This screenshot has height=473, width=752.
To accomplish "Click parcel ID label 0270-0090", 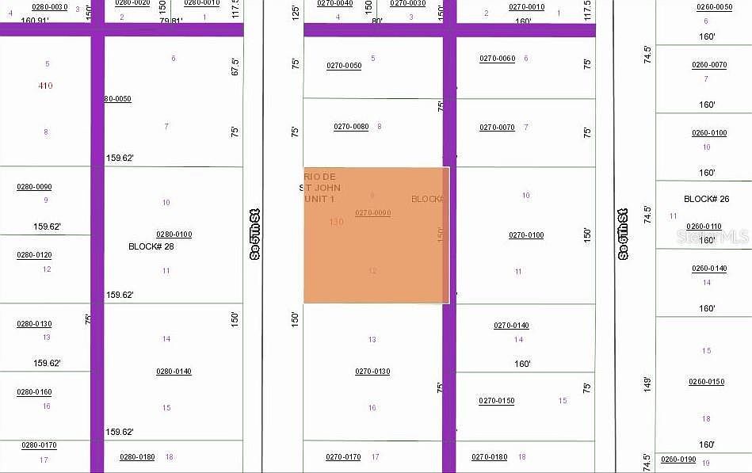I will click(x=372, y=213).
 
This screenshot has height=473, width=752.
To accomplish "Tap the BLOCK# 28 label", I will click(x=151, y=246).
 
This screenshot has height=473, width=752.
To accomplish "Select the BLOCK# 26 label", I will click(x=706, y=199).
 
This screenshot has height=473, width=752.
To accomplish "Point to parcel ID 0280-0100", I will click(x=174, y=235).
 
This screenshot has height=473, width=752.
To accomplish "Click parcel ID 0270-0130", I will click(x=372, y=372).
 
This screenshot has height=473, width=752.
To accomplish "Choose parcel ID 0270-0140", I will click(x=511, y=326).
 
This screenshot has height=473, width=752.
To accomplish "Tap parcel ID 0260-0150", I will click(x=706, y=382).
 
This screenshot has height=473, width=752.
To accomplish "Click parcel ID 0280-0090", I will click(x=34, y=187).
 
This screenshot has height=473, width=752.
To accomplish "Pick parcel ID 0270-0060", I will click(x=497, y=59).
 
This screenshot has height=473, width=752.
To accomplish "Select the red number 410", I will click(x=45, y=86).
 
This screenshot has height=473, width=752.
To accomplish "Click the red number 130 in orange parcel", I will click(x=336, y=222).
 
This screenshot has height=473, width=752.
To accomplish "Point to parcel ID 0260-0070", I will click(x=709, y=65).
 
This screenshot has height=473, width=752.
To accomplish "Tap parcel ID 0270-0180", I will click(x=489, y=457).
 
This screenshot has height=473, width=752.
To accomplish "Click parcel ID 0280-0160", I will click(x=34, y=392).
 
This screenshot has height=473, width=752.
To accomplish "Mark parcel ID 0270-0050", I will click(x=344, y=66).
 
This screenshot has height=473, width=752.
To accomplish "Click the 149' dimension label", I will click(x=647, y=384).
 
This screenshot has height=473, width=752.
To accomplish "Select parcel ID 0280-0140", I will click(x=174, y=372).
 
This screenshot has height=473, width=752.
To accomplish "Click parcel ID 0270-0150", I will click(x=496, y=401).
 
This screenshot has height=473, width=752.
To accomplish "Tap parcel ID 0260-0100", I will click(x=709, y=133).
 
